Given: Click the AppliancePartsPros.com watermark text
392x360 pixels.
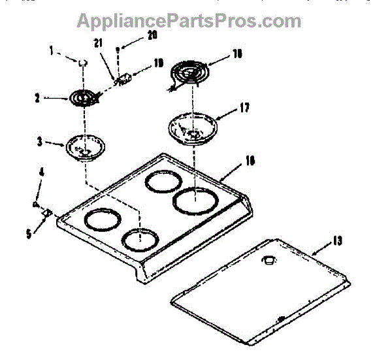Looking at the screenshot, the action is click(x=189, y=20).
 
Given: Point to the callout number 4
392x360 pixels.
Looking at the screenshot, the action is click(x=41, y=172).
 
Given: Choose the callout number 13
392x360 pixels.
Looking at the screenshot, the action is click(x=336, y=240).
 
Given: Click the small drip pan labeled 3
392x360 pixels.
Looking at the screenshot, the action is click(x=85, y=148).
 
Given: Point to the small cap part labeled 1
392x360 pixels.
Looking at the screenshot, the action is click(x=83, y=62).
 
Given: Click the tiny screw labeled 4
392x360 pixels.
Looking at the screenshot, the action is click(x=35, y=205).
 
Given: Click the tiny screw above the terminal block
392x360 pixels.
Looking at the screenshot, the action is click(x=118, y=49).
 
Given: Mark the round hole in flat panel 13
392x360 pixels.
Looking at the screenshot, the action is click(x=268, y=260).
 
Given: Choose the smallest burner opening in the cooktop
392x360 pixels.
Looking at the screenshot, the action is click(x=141, y=238).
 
